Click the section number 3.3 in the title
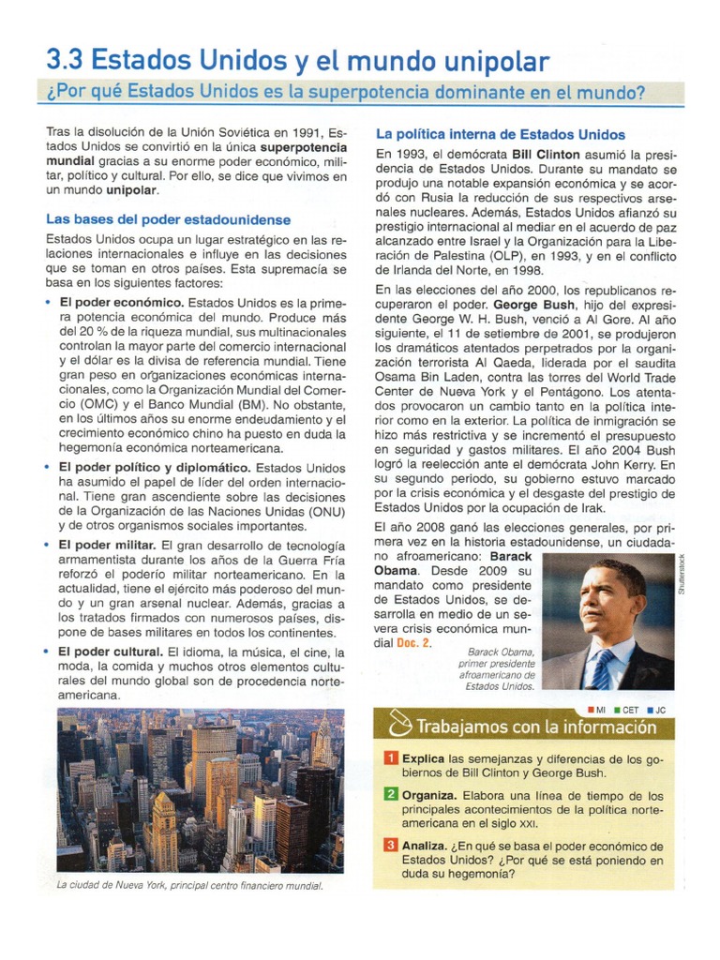[65, 62]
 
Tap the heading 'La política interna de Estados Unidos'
[500, 134]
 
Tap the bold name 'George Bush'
[532, 306]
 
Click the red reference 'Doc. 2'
[413, 643]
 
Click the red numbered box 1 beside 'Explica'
[391, 757]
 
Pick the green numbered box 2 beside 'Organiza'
[391, 795]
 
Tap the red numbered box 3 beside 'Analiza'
[391, 845]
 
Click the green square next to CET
[617, 710]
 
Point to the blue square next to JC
[649, 710]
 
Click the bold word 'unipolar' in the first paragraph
[131, 190]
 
